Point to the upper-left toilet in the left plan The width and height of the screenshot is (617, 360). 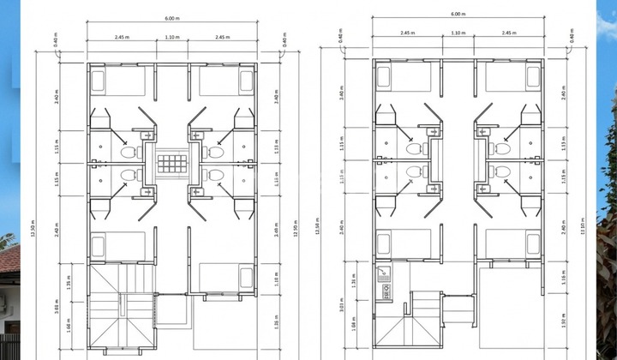(x=129, y=152)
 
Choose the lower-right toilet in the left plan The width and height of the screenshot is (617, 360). (x=216, y=175)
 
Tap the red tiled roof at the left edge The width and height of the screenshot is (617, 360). (x=9, y=257)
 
